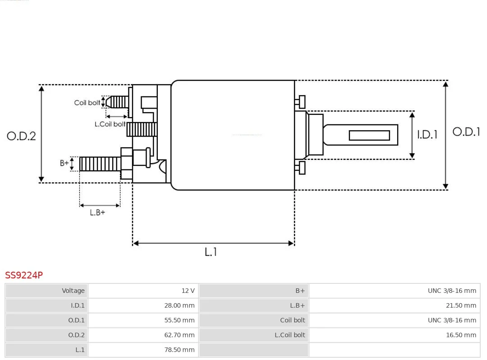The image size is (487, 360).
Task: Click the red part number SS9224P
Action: point(24,275)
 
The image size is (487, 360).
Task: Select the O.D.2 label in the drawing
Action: point(22,136)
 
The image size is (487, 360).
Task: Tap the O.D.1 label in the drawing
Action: point(466,132)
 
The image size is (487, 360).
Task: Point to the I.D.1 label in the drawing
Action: point(427,135)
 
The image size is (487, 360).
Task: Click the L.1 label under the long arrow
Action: point(211,252)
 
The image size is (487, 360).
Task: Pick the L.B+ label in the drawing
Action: point(97,213)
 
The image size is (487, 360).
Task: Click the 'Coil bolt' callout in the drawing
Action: point(87,103)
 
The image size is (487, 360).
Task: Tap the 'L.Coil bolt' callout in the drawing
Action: point(110,124)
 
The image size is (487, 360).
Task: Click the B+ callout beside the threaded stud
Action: point(64,163)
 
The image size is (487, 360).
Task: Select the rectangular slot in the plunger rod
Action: point(369,135)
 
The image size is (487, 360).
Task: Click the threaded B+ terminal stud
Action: point(100,164)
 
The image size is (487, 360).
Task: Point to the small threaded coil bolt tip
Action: point(117,102)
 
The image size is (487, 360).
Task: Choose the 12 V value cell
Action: point(188,291)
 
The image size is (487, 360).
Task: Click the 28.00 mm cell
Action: point(179,305)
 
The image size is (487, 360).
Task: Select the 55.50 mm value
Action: point(179,320)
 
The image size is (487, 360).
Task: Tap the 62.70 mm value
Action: point(179,335)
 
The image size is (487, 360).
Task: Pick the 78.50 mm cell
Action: point(179,350)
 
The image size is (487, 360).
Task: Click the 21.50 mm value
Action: point(461,305)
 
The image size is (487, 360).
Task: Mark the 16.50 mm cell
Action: point(461,335)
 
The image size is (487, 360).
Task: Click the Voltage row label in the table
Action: point(73,291)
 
